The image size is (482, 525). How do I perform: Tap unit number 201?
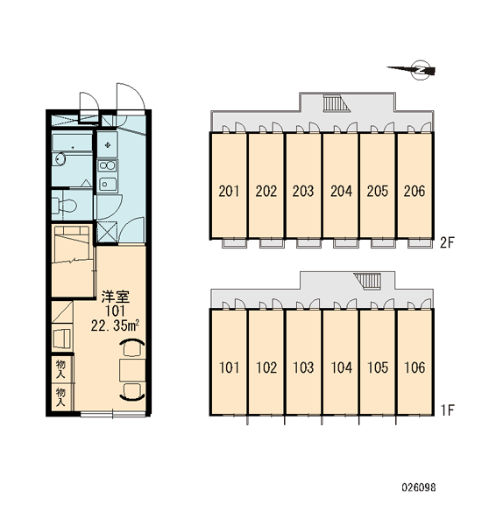pos(229,191)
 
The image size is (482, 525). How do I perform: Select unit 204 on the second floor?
pos(341,191)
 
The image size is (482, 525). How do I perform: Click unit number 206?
pos(415,191)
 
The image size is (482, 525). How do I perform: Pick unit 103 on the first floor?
pos(303,367)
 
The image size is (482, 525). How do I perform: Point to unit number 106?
pos(415,367)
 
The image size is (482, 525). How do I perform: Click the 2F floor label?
pos(447,242)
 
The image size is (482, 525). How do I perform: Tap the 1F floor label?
pos(447,409)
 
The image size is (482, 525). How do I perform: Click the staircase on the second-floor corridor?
pos(337,103)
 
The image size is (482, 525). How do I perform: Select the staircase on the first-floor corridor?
pos(368,281)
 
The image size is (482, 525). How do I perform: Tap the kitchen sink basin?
pos(107,184)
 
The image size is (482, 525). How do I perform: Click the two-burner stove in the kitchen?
pos(107,165)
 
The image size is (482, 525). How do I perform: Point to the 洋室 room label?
pos(116,297)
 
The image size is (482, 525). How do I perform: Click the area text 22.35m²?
pos(115,325)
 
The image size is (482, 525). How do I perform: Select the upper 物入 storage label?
pos(60,369)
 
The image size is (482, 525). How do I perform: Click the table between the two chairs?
pos(132,369)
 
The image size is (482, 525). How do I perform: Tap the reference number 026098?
pos(419,487)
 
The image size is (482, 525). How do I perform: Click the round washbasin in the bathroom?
pos(60,158)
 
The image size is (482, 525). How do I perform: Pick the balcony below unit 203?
pos(309,243)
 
